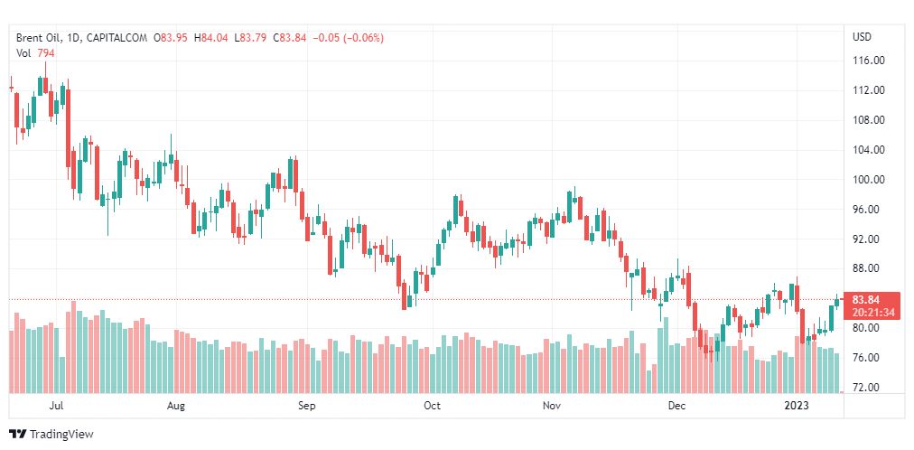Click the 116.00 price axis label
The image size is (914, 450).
tap(869, 61)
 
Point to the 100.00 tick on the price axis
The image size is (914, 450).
tap(869, 180)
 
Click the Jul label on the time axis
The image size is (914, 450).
tap(57, 406)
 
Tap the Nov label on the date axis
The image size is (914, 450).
tap(554, 406)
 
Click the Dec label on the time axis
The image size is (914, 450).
tap(677, 406)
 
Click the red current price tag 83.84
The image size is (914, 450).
tap(866, 300)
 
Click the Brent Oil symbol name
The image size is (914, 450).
tap(39, 38)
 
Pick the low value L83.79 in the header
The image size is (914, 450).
tap(253, 38)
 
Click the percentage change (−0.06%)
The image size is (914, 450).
tap(361, 38)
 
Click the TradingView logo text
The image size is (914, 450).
tap(61, 435)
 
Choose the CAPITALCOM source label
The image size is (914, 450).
tap(118, 38)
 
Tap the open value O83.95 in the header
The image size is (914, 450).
tap(170, 38)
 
